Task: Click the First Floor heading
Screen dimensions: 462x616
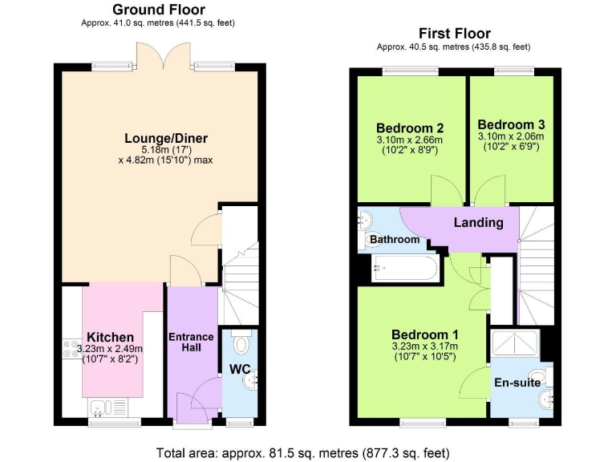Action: pos(454,34)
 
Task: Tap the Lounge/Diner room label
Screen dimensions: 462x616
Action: pos(157,138)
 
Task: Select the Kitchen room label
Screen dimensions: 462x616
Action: pos(111,337)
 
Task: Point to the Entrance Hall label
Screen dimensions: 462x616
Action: pos(192,342)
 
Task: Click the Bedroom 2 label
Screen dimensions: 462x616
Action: pos(410,128)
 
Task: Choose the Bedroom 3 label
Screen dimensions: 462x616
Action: pos(511,124)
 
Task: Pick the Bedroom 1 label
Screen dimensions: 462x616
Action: pos(424,334)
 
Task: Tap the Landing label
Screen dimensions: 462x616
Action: pos(478,222)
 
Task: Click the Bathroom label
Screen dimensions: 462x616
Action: pos(395,239)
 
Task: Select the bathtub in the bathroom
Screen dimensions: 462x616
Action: pos(404,268)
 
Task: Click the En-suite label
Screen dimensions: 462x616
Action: pos(517,383)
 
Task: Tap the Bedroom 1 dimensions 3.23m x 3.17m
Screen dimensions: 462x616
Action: pos(424,347)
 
